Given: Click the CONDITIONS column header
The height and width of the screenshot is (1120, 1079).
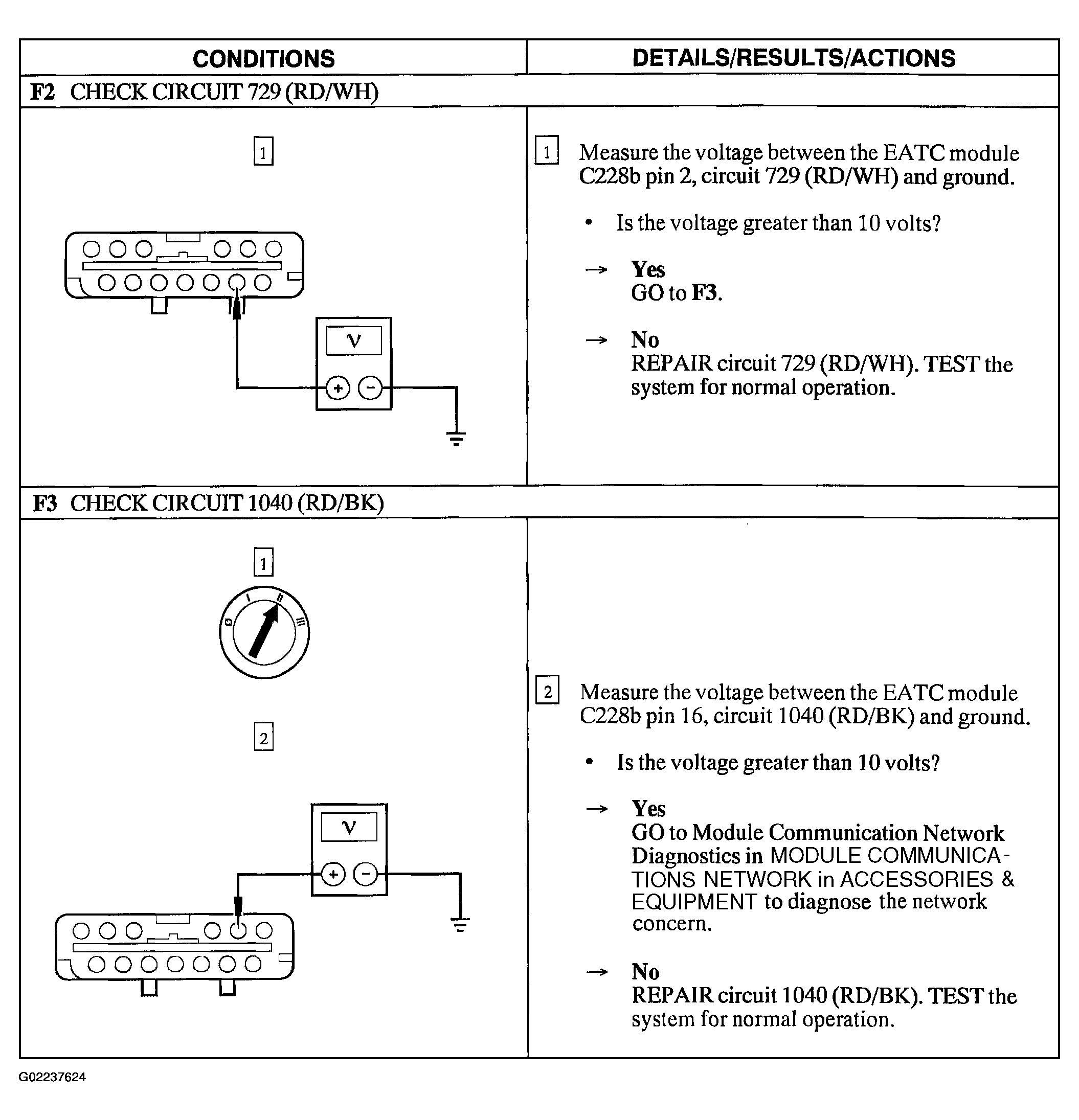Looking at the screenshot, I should [263, 58].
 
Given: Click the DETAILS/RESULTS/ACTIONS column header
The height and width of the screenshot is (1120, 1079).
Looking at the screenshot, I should [793, 58].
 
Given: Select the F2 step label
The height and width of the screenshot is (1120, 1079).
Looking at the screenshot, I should [42, 92].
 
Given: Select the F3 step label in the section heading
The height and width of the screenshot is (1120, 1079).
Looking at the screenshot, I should [44, 503].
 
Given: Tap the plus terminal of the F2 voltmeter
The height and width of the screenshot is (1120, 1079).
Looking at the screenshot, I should [338, 388].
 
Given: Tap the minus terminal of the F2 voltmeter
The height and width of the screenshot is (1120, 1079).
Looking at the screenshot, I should [370, 388].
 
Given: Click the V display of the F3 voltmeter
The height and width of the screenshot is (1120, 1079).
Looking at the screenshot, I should [349, 827].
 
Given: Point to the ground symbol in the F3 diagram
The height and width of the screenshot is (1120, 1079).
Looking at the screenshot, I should [460, 925].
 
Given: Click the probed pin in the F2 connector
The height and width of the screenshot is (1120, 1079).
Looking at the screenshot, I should [237, 282].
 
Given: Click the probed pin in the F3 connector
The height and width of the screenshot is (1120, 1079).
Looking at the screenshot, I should [238, 931].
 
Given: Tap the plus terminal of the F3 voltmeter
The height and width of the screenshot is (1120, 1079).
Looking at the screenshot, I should [333, 874].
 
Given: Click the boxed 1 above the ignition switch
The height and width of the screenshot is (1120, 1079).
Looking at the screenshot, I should [263, 563].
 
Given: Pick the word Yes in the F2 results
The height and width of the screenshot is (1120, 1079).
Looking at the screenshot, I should [648, 269].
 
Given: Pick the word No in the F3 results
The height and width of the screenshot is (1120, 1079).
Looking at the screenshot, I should [645, 972].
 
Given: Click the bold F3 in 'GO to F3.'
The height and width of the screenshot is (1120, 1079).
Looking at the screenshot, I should [705, 293].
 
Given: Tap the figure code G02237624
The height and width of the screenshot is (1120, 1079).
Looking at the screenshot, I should [52, 1077].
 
